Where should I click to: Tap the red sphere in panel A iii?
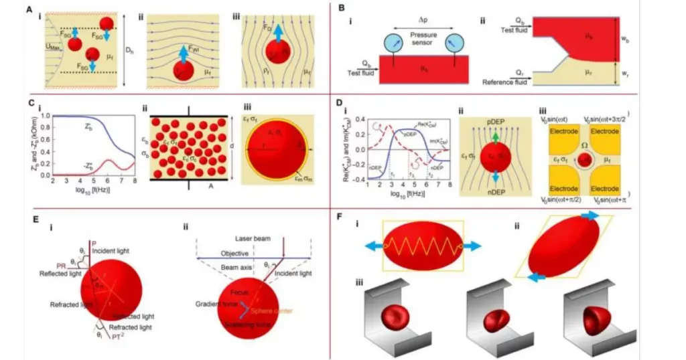[x=277, y=53]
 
